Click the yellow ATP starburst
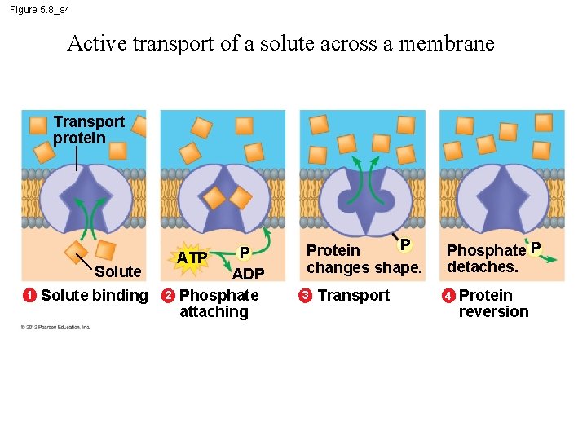coord(192,258)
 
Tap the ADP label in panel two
coord(248,274)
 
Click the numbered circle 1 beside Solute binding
coord(29,295)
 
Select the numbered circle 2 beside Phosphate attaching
coord(167,295)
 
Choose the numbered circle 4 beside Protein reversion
coord(448,295)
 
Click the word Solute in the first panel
coord(117,271)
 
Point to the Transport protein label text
coord(88,130)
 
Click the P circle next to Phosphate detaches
coord(536,247)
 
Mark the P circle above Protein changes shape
coord(404,244)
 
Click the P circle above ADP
coord(243,254)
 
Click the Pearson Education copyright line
coord(55,327)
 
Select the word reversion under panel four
coord(493,311)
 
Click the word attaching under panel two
coord(214,311)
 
